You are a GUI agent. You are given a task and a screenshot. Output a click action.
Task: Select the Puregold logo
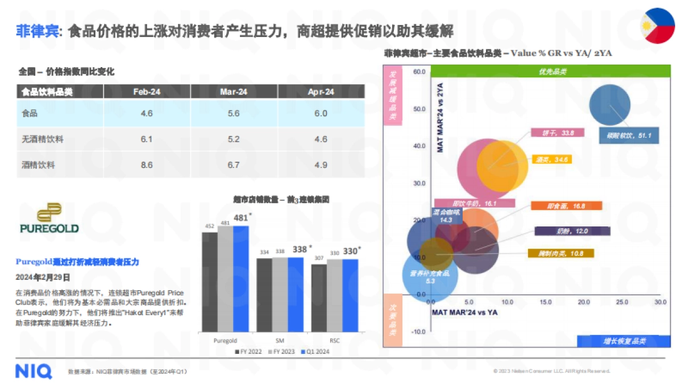49,218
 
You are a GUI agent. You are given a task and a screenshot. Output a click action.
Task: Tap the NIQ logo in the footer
34,371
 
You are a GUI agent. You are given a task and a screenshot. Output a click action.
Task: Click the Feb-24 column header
147,92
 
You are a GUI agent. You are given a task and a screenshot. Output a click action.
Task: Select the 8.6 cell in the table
147,165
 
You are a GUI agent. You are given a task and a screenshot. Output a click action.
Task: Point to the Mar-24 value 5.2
234,139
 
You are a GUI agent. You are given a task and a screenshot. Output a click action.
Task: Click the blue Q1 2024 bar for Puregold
241,278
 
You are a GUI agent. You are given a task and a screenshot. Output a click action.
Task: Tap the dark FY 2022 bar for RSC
319,298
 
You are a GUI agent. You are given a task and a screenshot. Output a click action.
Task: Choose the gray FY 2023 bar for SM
280,294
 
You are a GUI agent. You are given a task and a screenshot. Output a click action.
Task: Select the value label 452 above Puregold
209,225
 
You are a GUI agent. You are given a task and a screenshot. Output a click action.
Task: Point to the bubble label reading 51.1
629,137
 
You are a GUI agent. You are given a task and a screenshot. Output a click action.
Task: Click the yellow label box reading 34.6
551,159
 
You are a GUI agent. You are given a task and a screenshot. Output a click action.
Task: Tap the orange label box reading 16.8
566,206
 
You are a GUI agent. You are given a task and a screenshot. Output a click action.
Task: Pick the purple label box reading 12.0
572,231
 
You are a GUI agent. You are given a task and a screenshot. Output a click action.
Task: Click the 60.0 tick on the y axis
420,72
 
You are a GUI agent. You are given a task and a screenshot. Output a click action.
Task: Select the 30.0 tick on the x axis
659,302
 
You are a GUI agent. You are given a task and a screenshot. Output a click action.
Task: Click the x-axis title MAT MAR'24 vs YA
465,313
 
